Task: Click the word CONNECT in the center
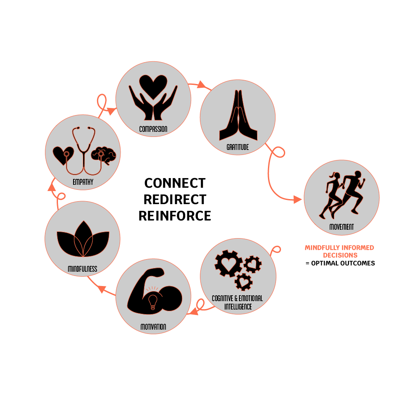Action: pyautogui.click(x=175, y=183)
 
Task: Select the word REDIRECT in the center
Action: pyautogui.click(x=175, y=199)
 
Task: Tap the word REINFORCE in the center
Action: pyautogui.click(x=175, y=215)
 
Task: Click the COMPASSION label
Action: pyautogui.click(x=153, y=129)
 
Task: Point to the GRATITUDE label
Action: pyautogui.click(x=237, y=147)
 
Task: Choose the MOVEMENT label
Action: pyautogui.click(x=341, y=227)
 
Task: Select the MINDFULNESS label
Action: pyautogui.click(x=82, y=268)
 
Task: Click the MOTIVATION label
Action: pyautogui.click(x=153, y=326)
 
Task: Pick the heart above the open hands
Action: pyautogui.click(x=153, y=85)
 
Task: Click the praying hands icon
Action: pyautogui.click(x=237, y=115)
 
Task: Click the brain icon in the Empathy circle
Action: pyautogui.click(x=103, y=155)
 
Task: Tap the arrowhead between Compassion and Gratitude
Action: pyautogui.click(x=202, y=85)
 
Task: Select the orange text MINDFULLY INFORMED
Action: pyautogui.click(x=339, y=248)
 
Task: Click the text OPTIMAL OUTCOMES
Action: pyautogui.click(x=342, y=263)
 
